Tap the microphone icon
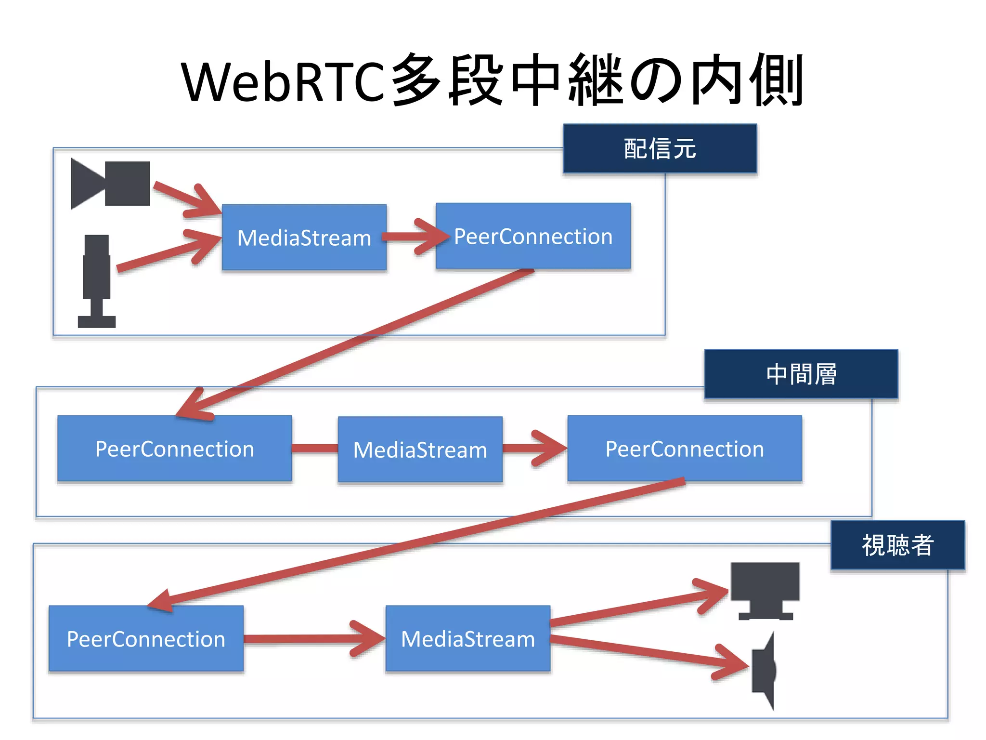click(97, 279)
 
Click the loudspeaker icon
click(765, 671)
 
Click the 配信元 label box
click(660, 148)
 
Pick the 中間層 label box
click(801, 374)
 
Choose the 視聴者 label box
click(897, 545)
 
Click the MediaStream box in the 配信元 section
click(304, 238)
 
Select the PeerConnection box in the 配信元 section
click(533, 236)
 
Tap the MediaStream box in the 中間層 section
click(420, 449)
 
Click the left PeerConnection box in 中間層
click(174, 449)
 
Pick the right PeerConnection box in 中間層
click(684, 449)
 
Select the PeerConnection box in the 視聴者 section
click(146, 639)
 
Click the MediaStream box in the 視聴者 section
click(467, 639)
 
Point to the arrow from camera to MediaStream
click(185, 198)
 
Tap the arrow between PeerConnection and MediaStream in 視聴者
click(313, 639)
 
